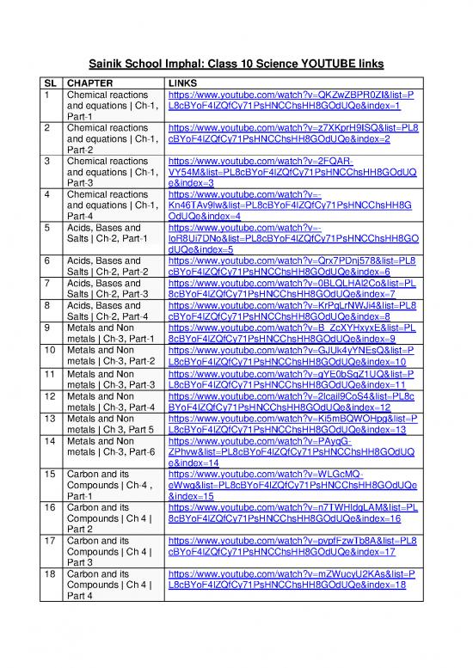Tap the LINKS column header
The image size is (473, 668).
184,84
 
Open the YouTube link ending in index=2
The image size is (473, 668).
292,135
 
